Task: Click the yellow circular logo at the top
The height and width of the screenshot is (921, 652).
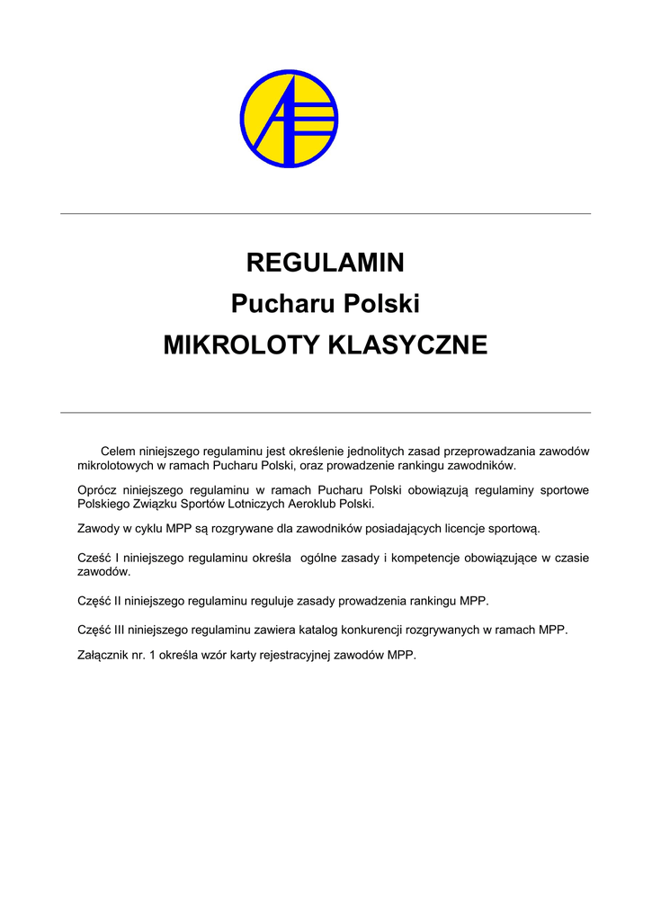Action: (290, 119)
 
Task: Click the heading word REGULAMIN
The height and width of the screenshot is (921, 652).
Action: (326, 264)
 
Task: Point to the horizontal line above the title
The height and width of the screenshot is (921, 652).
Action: (326, 214)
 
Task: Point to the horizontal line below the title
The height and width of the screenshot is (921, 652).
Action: (326, 413)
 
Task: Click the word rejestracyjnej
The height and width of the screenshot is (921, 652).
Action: (294, 656)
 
